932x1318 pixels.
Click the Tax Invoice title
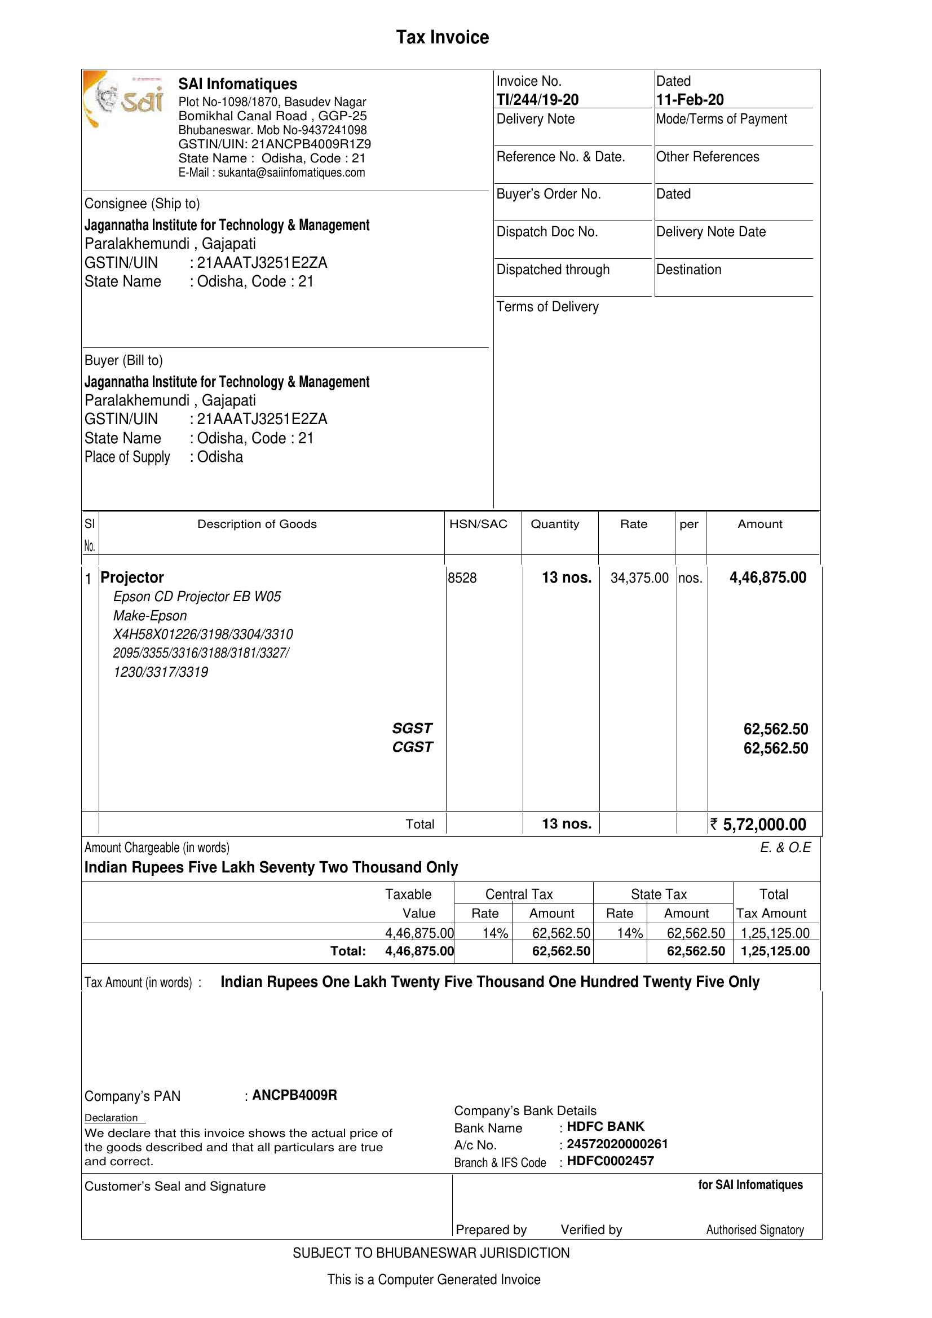[443, 37]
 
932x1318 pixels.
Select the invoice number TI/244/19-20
[537, 100]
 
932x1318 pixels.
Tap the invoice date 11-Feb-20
[690, 100]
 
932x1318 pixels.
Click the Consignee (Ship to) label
[142, 204]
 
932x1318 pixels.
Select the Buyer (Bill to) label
[123, 360]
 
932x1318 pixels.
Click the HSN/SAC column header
[478, 524]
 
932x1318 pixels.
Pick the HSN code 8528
[462, 578]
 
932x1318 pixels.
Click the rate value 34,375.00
[639, 578]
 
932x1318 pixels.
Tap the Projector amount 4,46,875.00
[768, 578]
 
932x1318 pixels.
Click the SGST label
[412, 729]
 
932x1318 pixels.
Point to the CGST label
[412, 747]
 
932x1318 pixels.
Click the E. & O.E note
[785, 848]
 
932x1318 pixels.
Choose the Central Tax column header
[519, 894]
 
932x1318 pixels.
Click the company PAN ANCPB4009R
[294, 1095]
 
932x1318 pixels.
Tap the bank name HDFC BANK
[606, 1126]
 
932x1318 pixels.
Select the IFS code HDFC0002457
[610, 1161]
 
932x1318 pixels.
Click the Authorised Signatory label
[754, 1229]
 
